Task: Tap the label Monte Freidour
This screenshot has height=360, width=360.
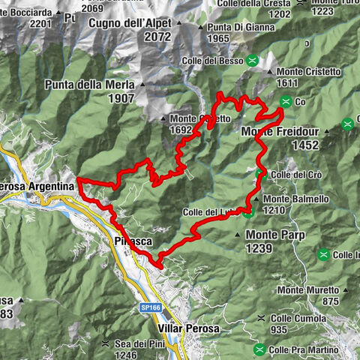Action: pos(280,132)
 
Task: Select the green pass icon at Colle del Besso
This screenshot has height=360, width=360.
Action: pos(253,60)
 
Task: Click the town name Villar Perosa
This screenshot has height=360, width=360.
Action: pos(190,328)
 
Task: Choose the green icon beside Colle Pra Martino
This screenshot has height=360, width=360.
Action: pos(259,349)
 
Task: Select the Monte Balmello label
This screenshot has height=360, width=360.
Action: pos(286,199)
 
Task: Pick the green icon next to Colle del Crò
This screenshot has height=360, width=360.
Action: pos(260,175)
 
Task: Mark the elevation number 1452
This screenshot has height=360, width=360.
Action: pos(306,145)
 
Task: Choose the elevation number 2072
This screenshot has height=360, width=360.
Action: pos(158,36)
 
